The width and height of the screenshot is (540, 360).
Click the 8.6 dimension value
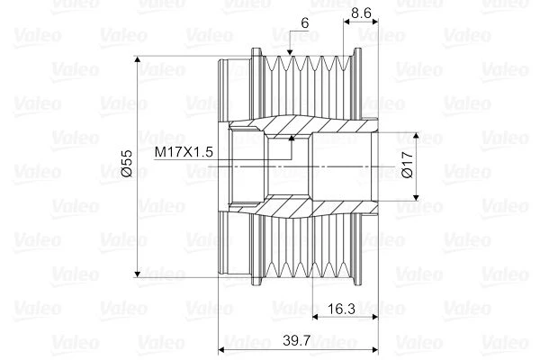(x=361, y=13)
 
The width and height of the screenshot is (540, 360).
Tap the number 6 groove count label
(x=305, y=23)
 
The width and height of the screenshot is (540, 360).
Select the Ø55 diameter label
(x=127, y=163)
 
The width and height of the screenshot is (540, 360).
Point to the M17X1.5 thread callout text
(x=184, y=151)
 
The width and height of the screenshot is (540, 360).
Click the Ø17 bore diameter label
(x=407, y=165)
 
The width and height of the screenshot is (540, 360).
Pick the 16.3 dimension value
(x=341, y=309)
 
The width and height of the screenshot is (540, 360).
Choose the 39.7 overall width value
(x=297, y=340)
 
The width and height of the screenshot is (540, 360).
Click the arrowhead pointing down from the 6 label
(x=290, y=52)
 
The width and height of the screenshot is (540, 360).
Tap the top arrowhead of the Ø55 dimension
(x=138, y=59)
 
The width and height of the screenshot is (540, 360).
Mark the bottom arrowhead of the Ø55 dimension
(x=138, y=274)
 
